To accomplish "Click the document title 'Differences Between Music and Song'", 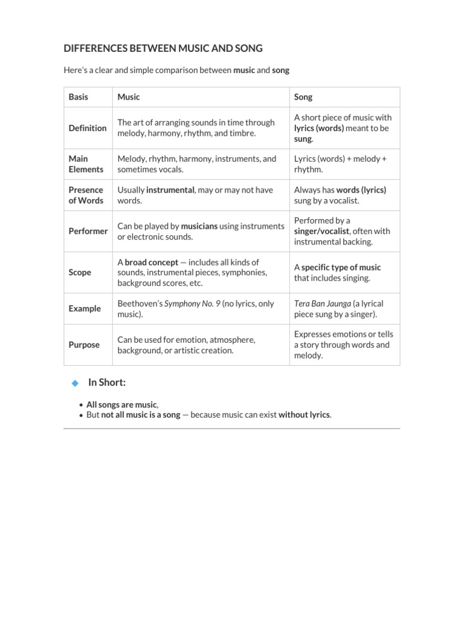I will [163, 48].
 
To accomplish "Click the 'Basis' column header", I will [78, 97].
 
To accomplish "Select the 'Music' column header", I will [129, 97].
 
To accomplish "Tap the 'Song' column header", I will [303, 97].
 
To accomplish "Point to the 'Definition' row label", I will [88, 128].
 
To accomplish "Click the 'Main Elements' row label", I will [86, 164].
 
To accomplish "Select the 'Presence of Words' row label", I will [86, 195].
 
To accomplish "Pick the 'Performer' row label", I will [88, 231].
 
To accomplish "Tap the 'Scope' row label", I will [80, 272].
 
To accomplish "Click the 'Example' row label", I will [85, 308].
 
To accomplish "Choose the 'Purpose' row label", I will [83, 345].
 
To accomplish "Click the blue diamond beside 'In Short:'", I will [75, 383].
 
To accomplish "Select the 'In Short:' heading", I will [107, 383].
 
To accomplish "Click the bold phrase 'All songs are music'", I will [121, 404].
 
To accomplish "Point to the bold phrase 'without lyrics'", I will [304, 415].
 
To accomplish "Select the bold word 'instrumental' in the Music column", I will [170, 190].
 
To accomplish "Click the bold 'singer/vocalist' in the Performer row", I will [321, 231].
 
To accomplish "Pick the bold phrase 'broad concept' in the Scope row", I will [152, 262].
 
